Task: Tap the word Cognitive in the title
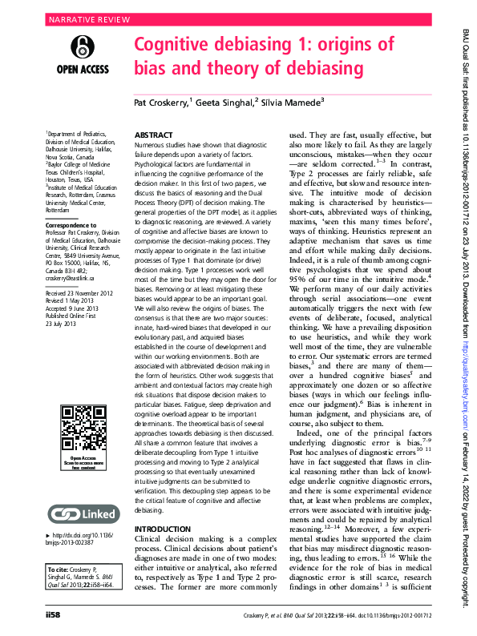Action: [x=179, y=45]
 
